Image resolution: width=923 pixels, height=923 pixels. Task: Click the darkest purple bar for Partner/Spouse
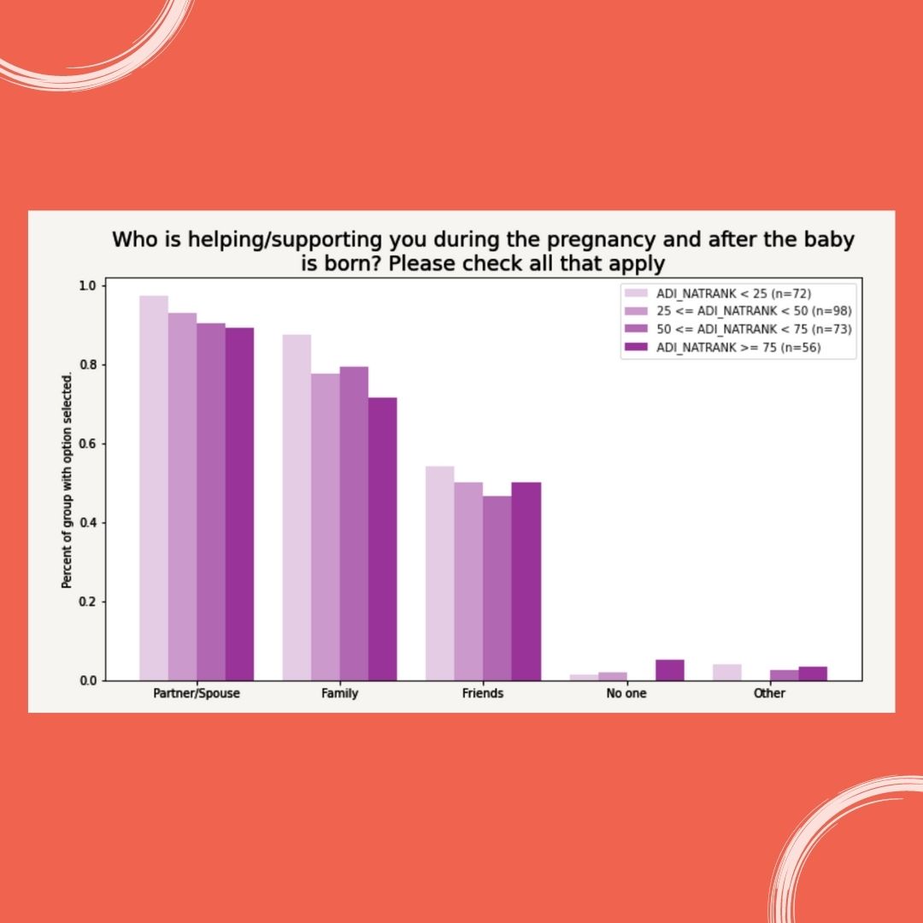point(239,504)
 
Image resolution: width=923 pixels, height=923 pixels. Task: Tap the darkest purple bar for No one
point(669,670)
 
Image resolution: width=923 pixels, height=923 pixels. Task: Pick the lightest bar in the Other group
point(726,673)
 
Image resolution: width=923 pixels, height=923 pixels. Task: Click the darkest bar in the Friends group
point(526,581)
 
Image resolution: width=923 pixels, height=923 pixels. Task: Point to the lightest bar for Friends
point(439,573)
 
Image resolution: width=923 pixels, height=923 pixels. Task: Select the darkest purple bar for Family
point(382,538)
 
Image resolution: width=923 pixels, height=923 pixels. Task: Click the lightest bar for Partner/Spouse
point(154,487)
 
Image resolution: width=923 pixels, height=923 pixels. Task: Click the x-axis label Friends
point(482,694)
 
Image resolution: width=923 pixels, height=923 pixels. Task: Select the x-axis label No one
point(626,694)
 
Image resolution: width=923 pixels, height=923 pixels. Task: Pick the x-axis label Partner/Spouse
point(197,694)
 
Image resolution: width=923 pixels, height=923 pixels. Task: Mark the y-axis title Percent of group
point(66,530)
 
